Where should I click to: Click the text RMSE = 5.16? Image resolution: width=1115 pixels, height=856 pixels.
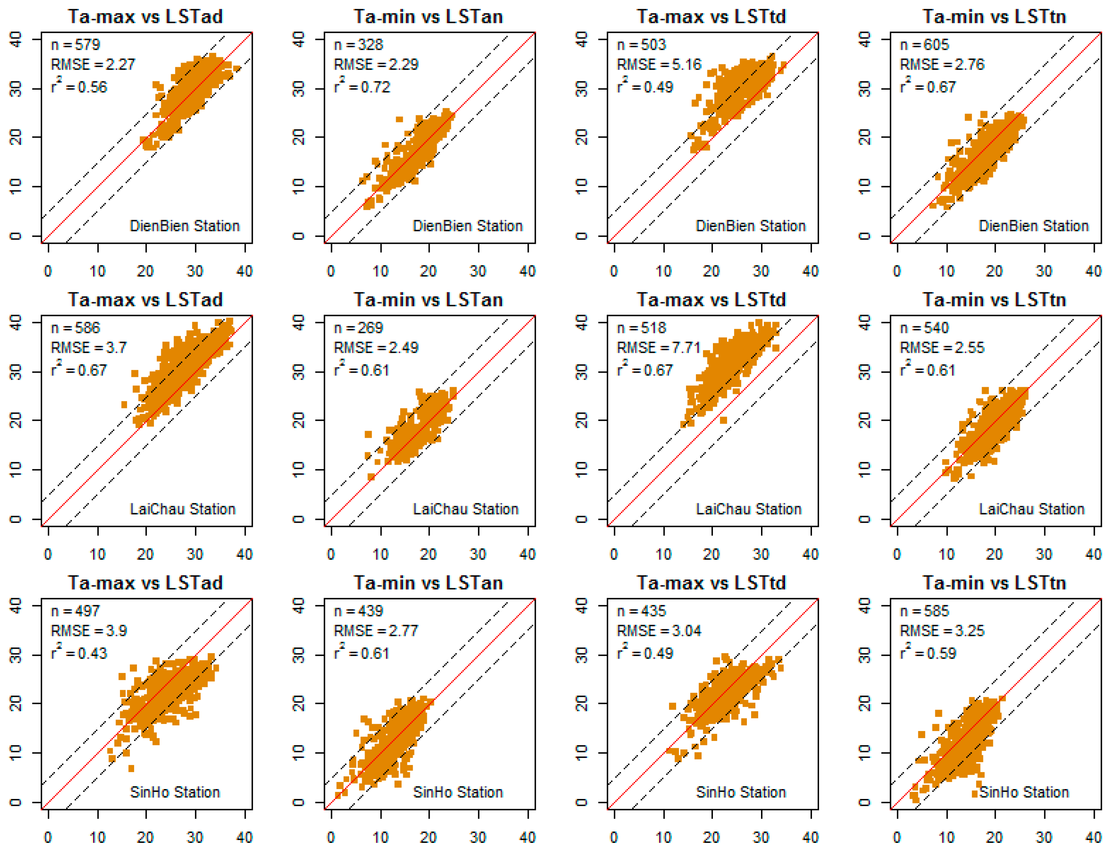click(658, 65)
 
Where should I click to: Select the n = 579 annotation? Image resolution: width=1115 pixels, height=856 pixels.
click(75, 45)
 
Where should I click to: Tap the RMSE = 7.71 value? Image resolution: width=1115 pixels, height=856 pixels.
click(658, 348)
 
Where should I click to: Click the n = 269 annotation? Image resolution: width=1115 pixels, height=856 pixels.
click(358, 328)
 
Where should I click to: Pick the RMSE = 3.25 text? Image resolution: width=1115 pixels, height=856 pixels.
click(942, 631)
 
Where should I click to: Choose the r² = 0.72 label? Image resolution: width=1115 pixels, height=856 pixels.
click(362, 87)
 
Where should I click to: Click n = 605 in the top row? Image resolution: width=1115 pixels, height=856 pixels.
click(925, 45)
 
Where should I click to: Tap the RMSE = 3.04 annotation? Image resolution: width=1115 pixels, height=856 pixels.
click(658, 631)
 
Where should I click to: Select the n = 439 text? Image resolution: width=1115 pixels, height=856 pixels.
click(358, 611)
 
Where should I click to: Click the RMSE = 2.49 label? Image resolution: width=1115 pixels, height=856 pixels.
click(376, 348)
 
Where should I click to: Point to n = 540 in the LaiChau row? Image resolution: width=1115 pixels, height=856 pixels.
click(925, 328)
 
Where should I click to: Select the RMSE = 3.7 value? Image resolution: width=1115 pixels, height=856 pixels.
click(89, 348)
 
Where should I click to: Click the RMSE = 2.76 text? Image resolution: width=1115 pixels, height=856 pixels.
click(942, 65)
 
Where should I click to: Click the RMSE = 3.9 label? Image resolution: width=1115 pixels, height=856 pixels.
click(89, 631)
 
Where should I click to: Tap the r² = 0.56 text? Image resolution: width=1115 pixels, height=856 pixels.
click(79, 87)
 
